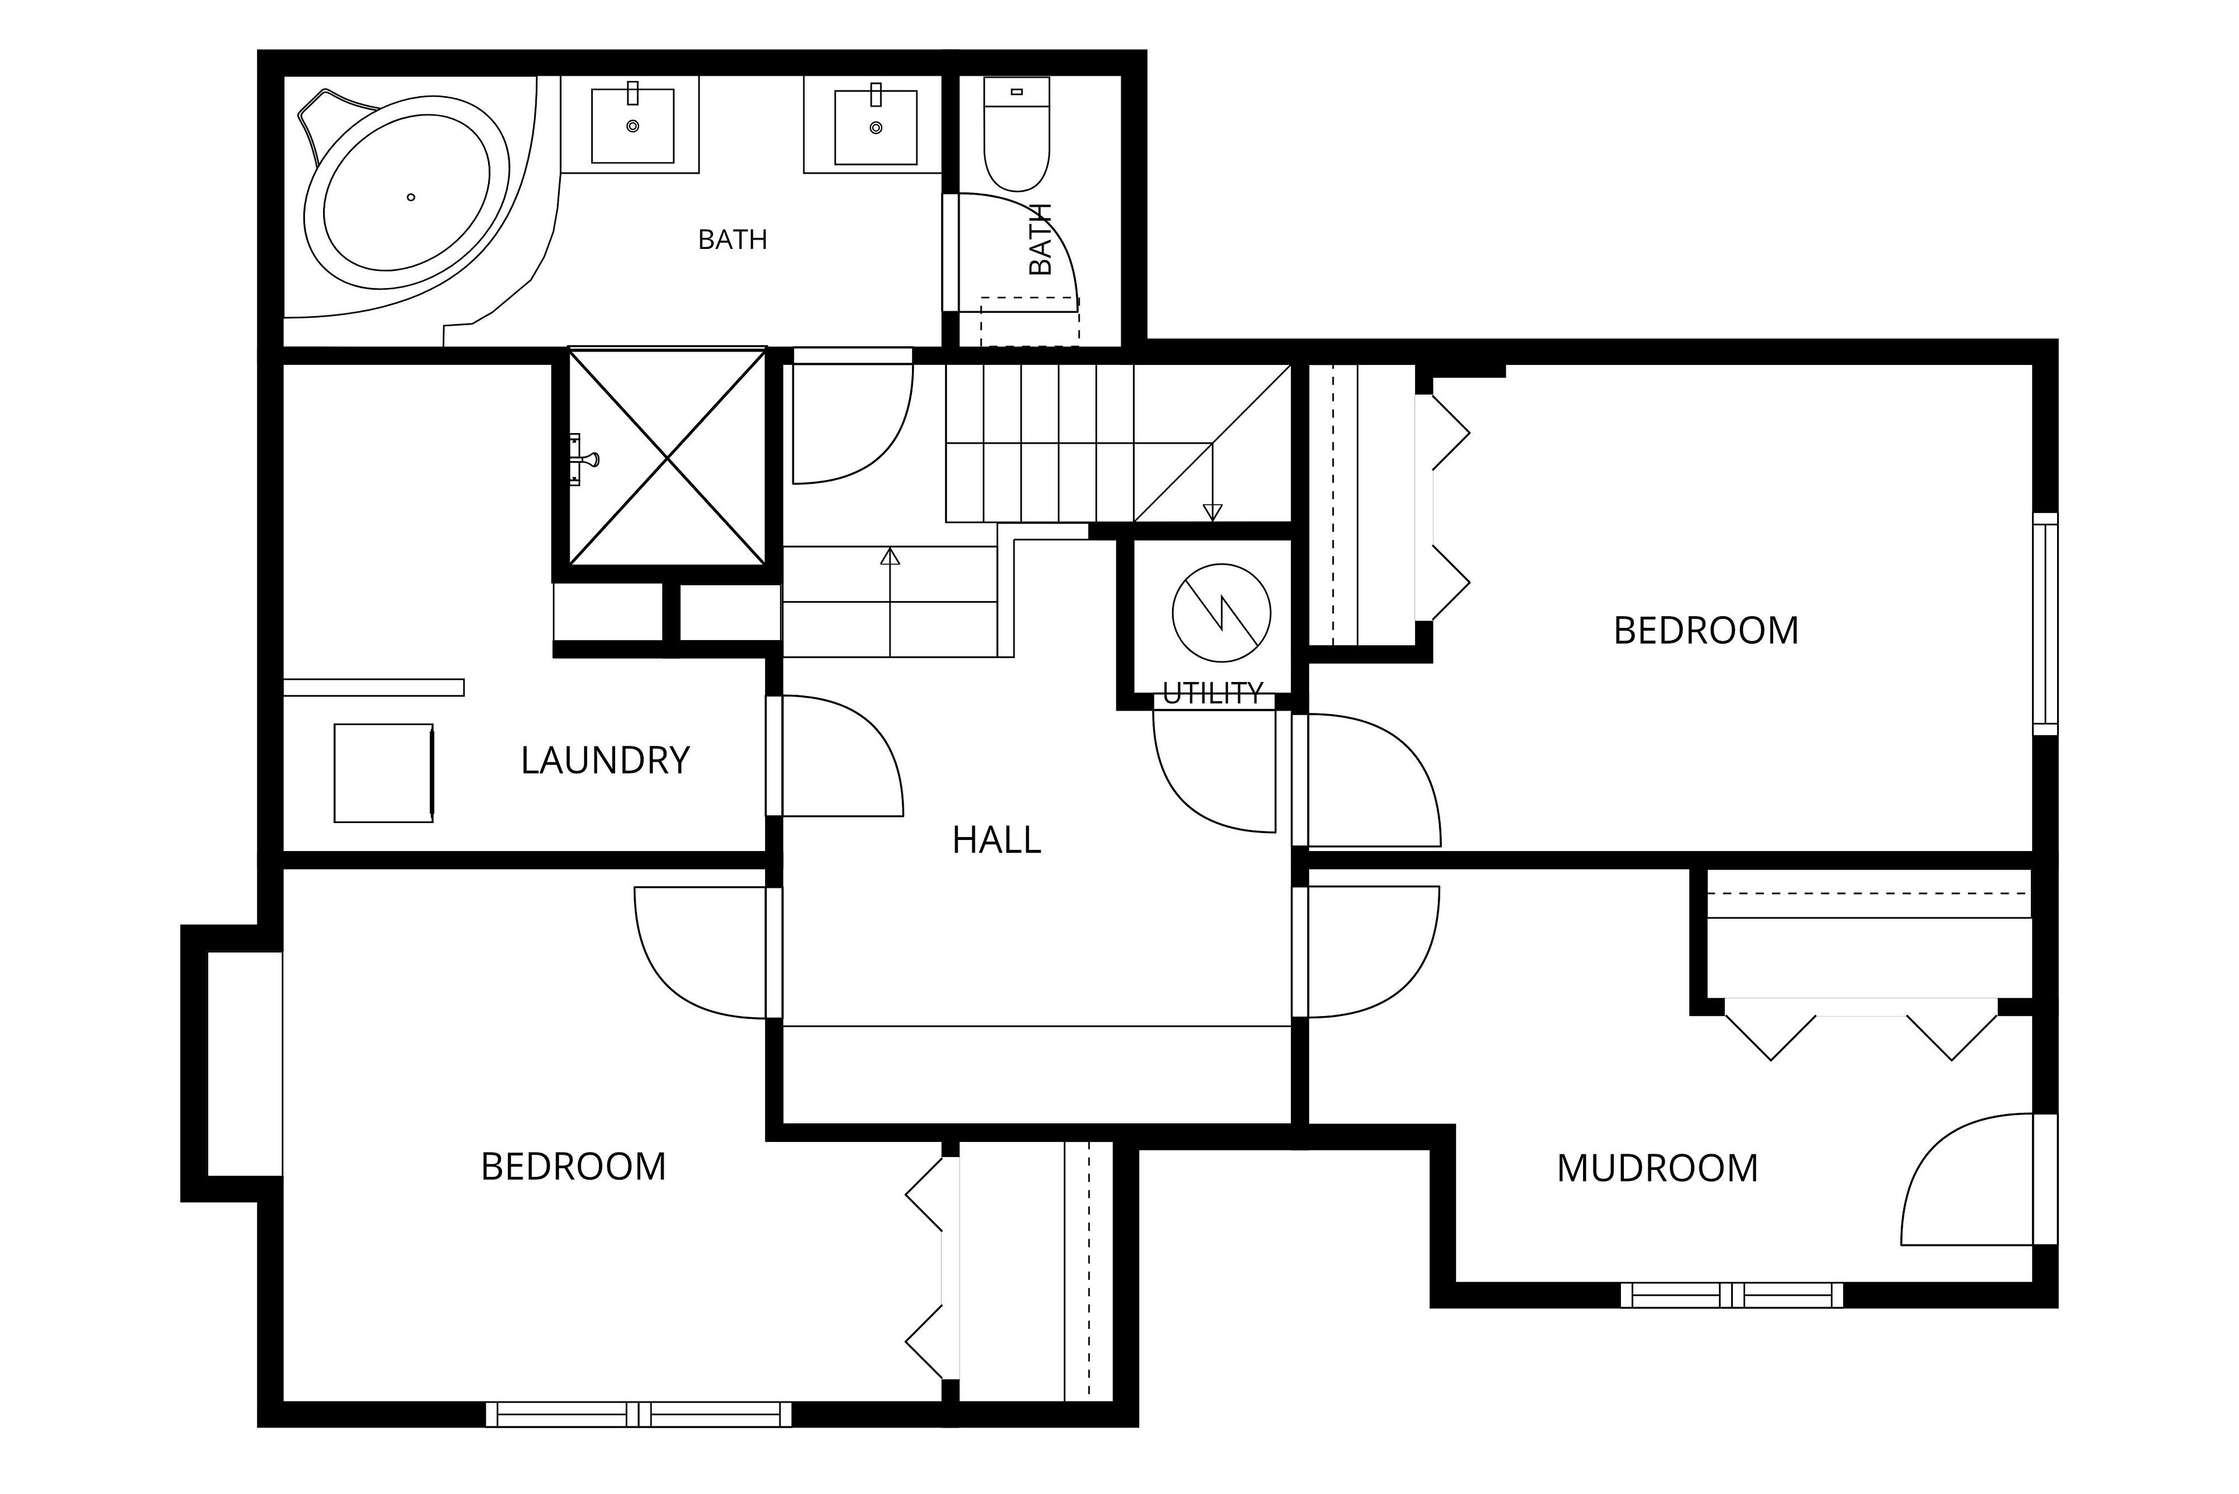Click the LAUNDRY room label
click(x=605, y=760)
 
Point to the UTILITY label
click(x=1212, y=694)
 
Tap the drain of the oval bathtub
click(x=411, y=197)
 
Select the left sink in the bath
click(x=632, y=126)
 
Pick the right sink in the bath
click(x=876, y=126)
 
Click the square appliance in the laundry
click(x=384, y=773)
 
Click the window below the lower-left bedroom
click(x=638, y=1414)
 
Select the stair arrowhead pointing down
click(x=1212, y=512)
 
